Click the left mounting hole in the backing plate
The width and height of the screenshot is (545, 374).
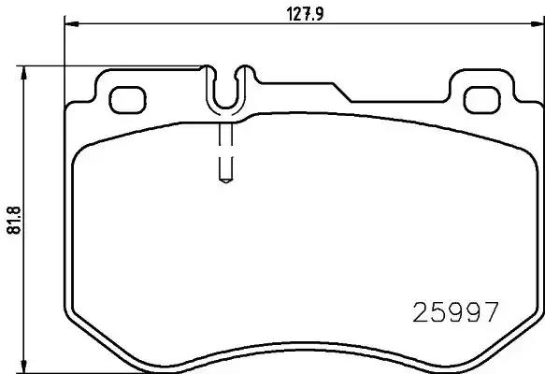126,97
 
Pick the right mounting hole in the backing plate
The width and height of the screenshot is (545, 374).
482,97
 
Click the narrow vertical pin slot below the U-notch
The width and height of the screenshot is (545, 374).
225,150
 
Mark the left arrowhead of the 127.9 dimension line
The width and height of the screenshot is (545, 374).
69,26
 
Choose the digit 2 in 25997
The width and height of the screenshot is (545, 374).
421,310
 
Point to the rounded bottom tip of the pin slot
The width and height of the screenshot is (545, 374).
225,179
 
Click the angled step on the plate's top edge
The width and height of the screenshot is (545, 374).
341,92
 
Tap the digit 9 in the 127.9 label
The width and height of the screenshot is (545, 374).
318,13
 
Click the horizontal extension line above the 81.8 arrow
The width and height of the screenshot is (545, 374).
112,65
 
